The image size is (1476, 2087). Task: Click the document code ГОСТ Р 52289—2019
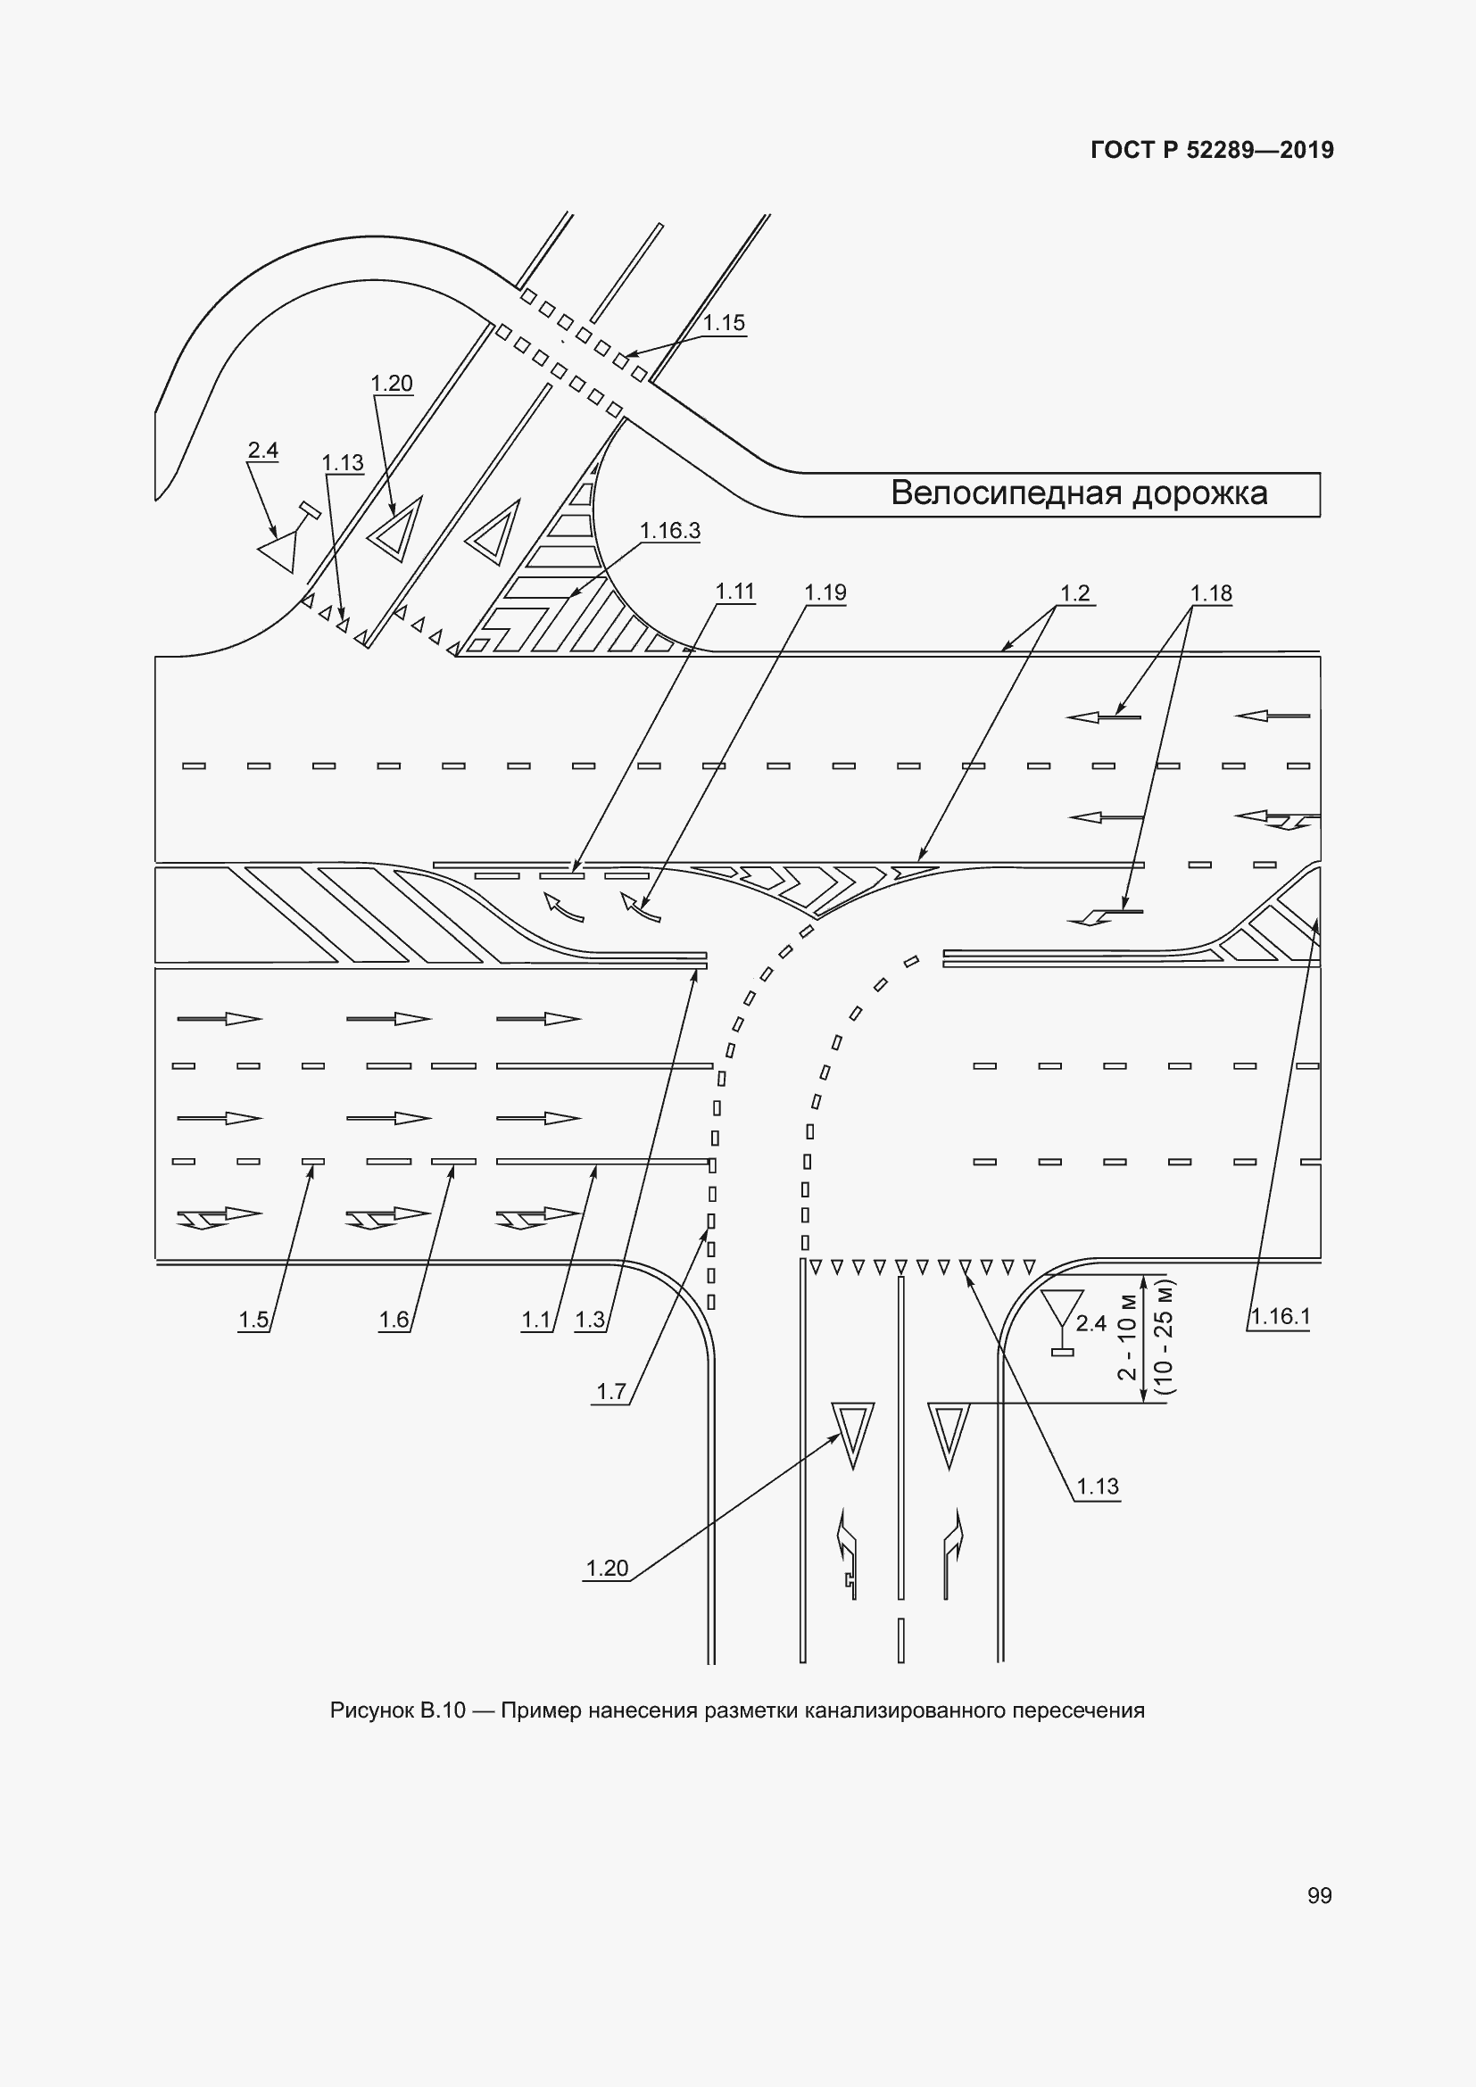click(1212, 150)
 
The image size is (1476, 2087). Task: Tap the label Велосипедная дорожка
click(1079, 493)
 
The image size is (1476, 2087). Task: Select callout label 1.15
click(724, 323)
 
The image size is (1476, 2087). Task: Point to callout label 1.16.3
click(670, 531)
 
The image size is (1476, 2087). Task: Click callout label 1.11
click(735, 592)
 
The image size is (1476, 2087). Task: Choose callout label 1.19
click(825, 592)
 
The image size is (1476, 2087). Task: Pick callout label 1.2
click(1075, 593)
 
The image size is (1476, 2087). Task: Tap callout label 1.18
click(1212, 593)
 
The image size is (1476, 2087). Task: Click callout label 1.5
click(253, 1320)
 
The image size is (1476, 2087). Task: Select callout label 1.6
click(394, 1320)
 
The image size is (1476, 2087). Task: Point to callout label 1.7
click(610, 1392)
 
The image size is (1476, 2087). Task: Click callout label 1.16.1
click(1280, 1316)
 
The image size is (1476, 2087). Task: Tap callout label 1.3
click(590, 1320)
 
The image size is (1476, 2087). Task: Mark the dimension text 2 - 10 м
click(1127, 1337)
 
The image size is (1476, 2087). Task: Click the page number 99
click(1320, 1896)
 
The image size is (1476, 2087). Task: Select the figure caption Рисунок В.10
click(398, 1710)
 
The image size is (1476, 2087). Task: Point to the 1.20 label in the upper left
click(392, 384)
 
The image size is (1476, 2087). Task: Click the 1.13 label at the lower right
click(1098, 1487)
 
